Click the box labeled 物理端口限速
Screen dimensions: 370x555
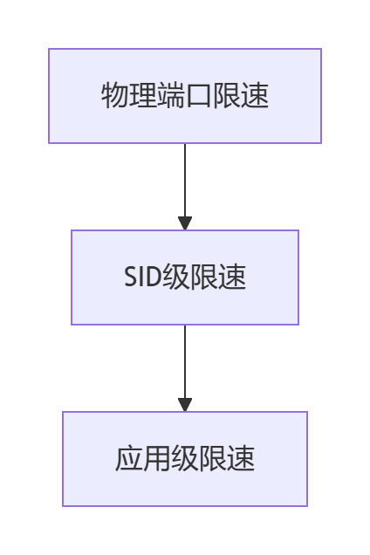click(x=185, y=96)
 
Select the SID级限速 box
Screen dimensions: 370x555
click(x=185, y=277)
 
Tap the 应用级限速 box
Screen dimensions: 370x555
click(x=185, y=459)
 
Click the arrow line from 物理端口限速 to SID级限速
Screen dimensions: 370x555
click(x=185, y=187)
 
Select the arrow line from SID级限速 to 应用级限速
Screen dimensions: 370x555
click(x=185, y=368)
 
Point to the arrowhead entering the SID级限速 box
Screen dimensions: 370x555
click(x=185, y=223)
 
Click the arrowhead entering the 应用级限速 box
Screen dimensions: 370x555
click(x=185, y=405)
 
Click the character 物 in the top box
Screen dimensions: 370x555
click(x=115, y=95)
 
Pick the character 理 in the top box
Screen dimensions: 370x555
click(x=143, y=95)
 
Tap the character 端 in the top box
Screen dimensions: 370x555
click(x=171, y=95)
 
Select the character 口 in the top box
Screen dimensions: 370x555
click(x=199, y=95)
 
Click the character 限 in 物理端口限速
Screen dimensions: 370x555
click(x=227, y=95)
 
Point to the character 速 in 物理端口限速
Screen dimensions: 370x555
click(x=255, y=95)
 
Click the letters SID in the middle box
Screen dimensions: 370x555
click(x=143, y=277)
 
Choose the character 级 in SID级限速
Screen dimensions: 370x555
click(x=176, y=277)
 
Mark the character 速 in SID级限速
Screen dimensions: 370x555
click(x=232, y=277)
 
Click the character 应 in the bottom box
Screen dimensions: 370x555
click(x=129, y=458)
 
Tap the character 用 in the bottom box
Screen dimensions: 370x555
click(x=157, y=458)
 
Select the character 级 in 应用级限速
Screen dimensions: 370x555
click(x=185, y=458)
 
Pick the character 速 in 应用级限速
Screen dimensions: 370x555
click(x=241, y=458)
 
